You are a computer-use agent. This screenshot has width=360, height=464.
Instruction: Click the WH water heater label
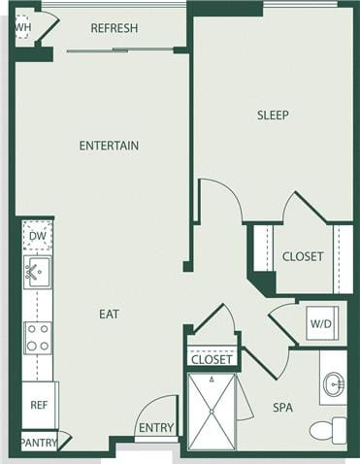pyautogui.click(x=22, y=27)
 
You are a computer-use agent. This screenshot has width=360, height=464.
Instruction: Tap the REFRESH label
pyautogui.click(x=115, y=28)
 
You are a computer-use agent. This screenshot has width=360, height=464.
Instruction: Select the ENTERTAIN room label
pyautogui.click(x=109, y=146)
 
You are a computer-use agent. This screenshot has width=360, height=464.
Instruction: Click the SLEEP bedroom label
pyautogui.click(x=273, y=115)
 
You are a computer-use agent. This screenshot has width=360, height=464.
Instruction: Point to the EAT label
pyautogui.click(x=109, y=314)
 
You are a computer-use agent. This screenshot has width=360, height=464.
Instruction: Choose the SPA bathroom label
pyautogui.click(x=282, y=408)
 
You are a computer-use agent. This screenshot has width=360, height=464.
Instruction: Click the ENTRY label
pyautogui.click(x=156, y=428)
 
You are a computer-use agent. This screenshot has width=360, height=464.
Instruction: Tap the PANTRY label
pyautogui.click(x=39, y=443)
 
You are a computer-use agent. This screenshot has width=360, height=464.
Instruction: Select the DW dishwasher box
pyautogui.click(x=37, y=236)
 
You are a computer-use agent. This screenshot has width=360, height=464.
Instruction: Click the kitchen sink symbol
pyautogui.click(x=37, y=271)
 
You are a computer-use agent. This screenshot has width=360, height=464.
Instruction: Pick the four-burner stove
pyautogui.click(x=38, y=337)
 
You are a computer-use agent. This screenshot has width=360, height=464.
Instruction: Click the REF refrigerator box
pyautogui.click(x=39, y=404)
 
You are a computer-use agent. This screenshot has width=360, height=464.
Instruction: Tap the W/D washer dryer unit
pyautogui.click(x=321, y=322)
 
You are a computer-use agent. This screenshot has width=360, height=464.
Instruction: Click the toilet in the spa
pyautogui.click(x=328, y=430)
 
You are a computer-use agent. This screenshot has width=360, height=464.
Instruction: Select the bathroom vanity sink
pyautogui.click(x=333, y=385)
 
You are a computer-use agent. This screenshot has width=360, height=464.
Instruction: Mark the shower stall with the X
pyautogui.click(x=212, y=412)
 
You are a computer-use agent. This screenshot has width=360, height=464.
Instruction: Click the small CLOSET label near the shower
pyautogui.click(x=212, y=359)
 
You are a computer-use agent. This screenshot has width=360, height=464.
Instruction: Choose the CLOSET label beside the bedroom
pyautogui.click(x=303, y=257)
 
